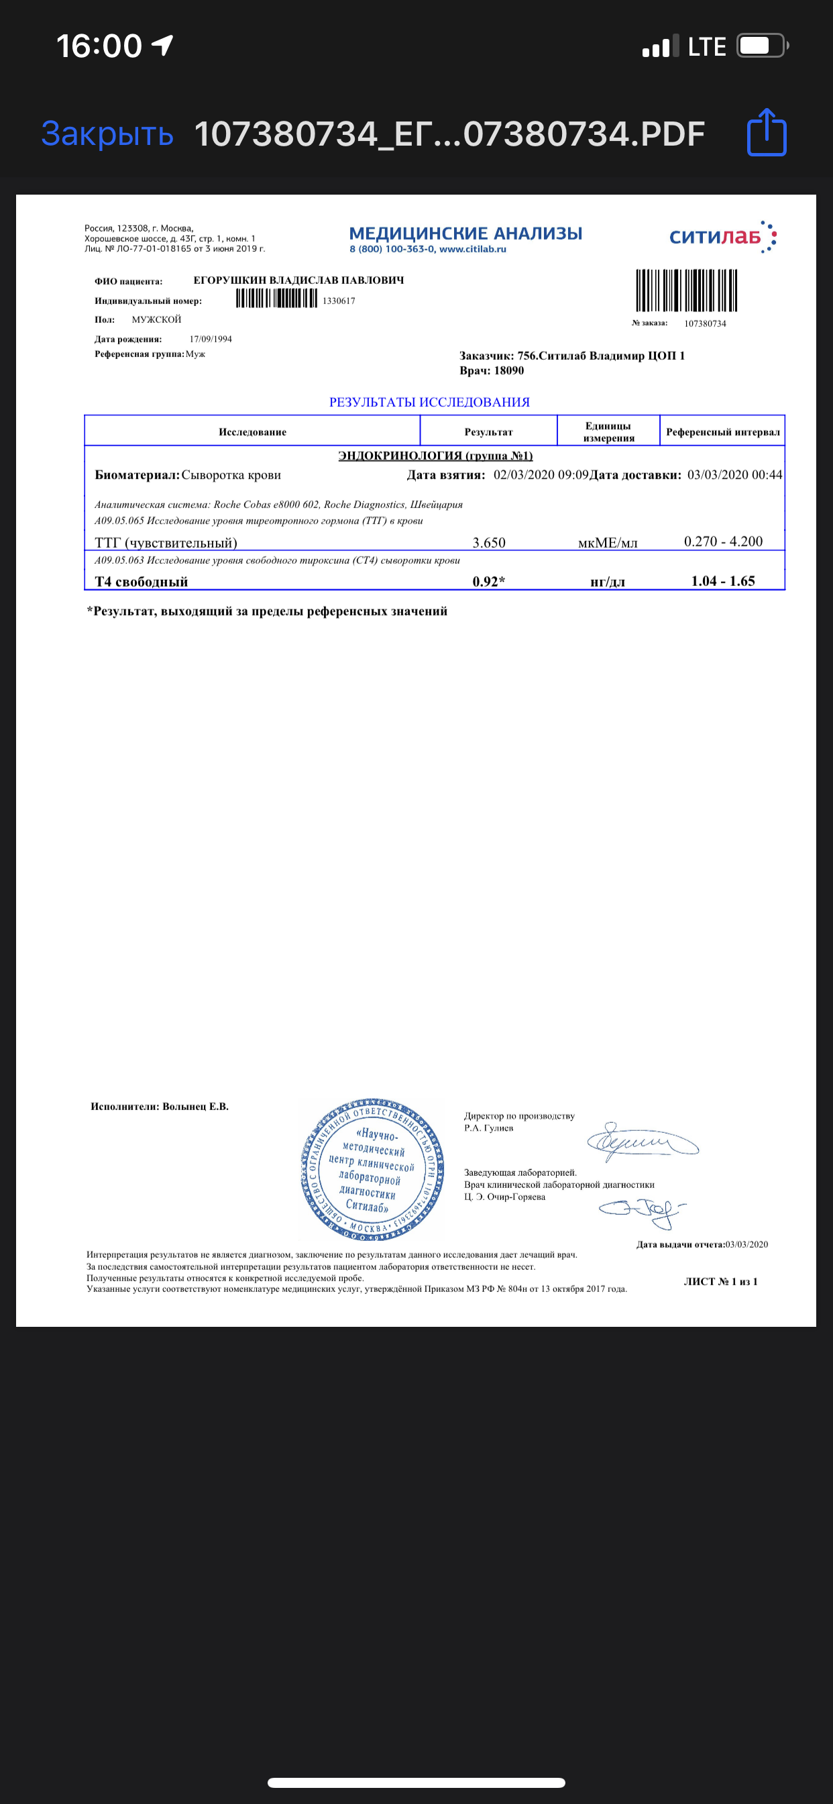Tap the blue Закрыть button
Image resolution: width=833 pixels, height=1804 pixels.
[x=107, y=133]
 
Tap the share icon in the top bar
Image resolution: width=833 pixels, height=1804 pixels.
[x=767, y=132]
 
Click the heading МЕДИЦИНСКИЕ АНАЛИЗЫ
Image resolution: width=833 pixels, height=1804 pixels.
[x=465, y=233]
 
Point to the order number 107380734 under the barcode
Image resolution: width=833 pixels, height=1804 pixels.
[x=705, y=323]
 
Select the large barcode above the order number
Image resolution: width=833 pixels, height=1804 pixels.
[x=686, y=291]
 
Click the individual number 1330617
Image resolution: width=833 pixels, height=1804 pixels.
[x=339, y=301]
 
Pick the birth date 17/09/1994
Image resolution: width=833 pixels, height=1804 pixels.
[x=211, y=339]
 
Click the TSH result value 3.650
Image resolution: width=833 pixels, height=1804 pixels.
[x=489, y=543]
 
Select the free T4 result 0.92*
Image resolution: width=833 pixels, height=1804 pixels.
[x=489, y=581]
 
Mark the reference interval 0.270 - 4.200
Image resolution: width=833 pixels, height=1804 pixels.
[x=723, y=542]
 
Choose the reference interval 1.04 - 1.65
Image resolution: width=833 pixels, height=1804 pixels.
[x=723, y=581]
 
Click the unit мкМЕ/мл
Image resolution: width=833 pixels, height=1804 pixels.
[x=608, y=543]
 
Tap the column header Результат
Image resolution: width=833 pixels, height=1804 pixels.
[x=489, y=432]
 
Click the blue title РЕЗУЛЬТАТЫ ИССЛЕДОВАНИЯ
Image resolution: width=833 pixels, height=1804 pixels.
[x=429, y=402]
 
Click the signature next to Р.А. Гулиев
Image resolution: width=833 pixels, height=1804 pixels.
[x=641, y=1142]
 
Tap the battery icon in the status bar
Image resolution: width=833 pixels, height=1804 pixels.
[x=762, y=46]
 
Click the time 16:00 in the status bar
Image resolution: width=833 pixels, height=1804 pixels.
[x=99, y=46]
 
